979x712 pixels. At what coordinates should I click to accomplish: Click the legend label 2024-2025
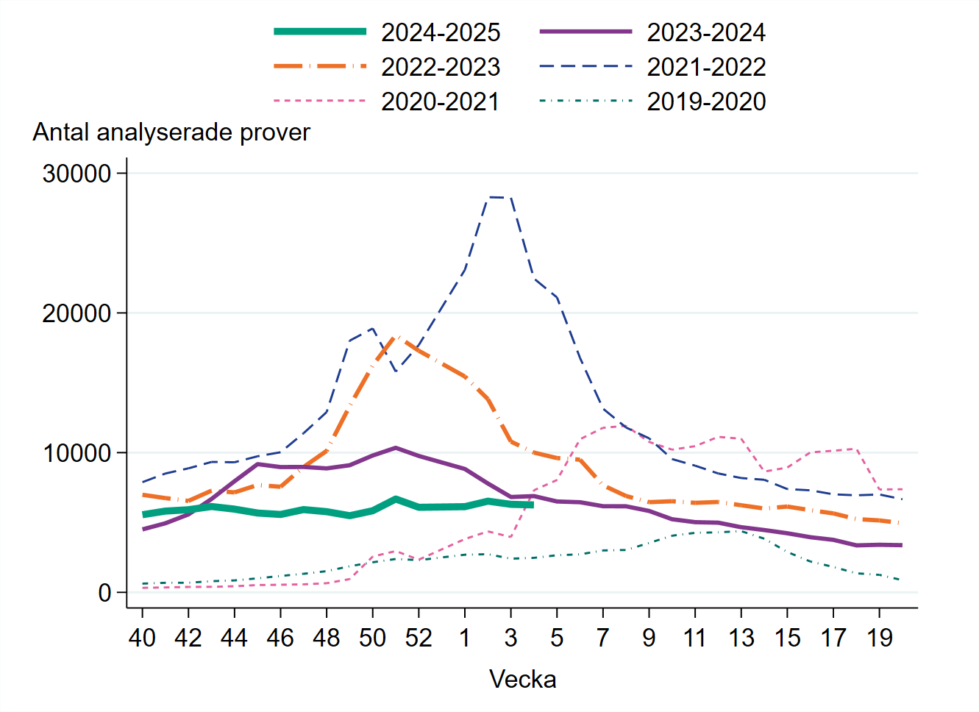tap(440, 32)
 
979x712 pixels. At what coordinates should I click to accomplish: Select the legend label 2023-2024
tap(705, 32)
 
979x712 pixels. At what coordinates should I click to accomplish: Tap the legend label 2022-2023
tap(440, 67)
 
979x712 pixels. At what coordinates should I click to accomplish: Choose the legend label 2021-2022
tap(705, 67)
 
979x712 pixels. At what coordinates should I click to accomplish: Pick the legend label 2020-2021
tap(440, 102)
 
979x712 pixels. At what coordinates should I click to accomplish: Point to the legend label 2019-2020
tap(705, 102)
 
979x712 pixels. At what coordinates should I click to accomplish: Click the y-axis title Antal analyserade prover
tap(171, 132)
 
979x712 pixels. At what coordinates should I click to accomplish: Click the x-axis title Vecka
tap(522, 679)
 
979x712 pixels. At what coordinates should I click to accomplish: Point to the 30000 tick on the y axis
tap(76, 174)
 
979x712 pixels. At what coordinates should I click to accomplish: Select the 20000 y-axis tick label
tap(76, 313)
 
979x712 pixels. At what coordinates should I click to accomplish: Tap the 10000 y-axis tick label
tap(76, 453)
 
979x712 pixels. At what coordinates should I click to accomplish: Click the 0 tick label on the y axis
tap(104, 593)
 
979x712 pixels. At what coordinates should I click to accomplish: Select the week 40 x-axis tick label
tap(142, 638)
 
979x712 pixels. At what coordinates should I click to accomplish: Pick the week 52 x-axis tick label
tap(419, 638)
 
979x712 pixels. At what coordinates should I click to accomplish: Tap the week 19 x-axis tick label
tap(879, 638)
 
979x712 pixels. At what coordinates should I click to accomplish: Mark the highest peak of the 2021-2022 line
tap(499, 197)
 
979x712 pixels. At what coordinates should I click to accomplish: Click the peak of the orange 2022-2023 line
tap(396, 336)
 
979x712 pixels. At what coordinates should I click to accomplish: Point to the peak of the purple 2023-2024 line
tap(396, 447)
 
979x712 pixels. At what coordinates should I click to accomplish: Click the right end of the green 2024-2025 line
tap(532, 505)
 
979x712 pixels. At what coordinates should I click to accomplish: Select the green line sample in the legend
tap(320, 32)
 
